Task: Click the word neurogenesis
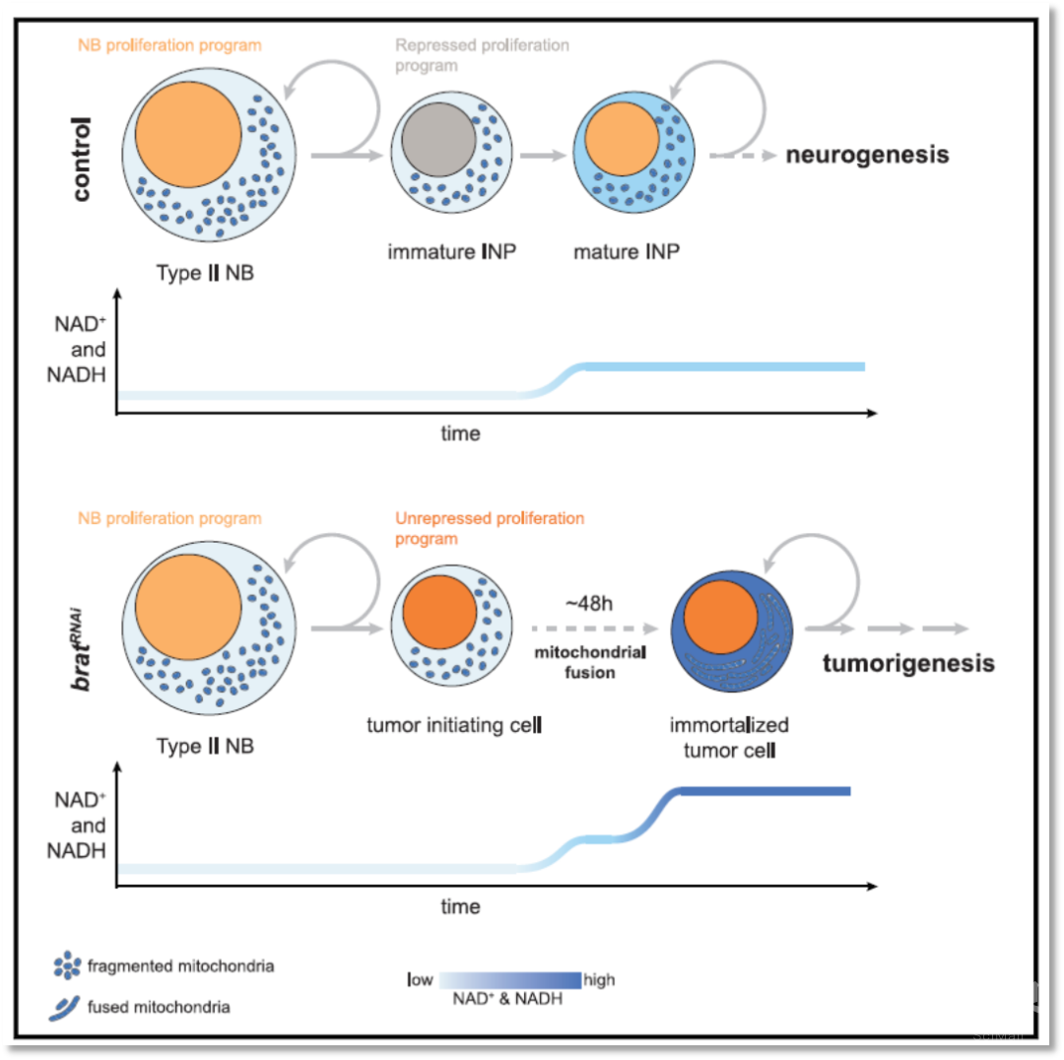click(867, 155)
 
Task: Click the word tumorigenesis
click(907, 663)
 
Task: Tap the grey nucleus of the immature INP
click(438, 140)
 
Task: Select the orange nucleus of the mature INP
click(620, 139)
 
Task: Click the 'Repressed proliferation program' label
click(482, 53)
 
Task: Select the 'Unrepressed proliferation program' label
click(490, 528)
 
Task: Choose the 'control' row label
click(81, 159)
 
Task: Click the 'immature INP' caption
click(452, 251)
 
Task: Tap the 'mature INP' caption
click(627, 251)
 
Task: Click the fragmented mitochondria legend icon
click(67, 965)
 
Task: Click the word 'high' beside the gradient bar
click(599, 980)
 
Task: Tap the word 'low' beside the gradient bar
click(421, 980)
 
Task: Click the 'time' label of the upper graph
click(461, 433)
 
